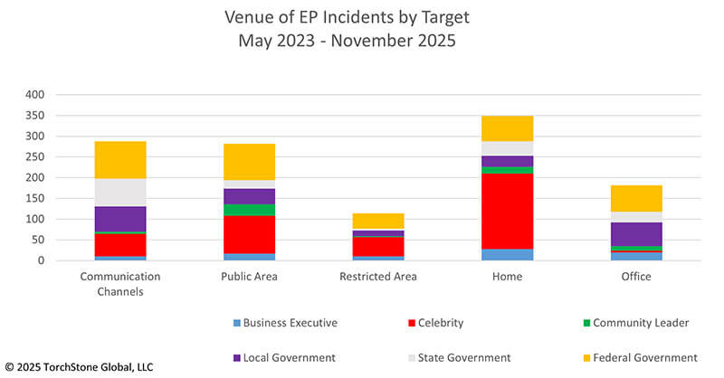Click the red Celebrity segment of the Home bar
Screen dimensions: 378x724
click(507, 210)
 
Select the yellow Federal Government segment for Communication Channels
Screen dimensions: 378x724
click(120, 160)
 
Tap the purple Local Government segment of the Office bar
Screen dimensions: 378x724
click(636, 233)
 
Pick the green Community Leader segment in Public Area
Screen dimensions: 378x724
click(249, 210)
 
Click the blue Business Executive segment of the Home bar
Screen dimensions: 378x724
click(507, 254)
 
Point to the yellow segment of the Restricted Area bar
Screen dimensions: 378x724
click(378, 221)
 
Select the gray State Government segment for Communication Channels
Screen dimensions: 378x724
click(120, 193)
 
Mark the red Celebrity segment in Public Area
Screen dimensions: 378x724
click(249, 234)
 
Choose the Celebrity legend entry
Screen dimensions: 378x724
click(448, 323)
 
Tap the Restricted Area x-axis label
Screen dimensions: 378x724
click(378, 277)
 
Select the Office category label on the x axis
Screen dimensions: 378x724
click(636, 277)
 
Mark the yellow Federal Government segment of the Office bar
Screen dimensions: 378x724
click(636, 198)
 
